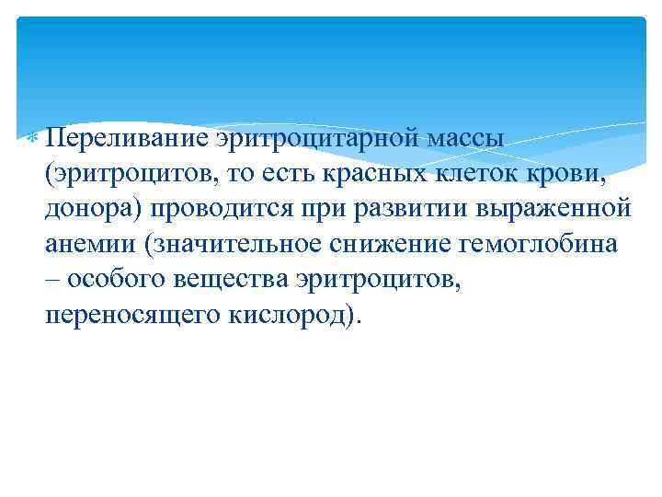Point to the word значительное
coord(240,244)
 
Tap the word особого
coord(110,280)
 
